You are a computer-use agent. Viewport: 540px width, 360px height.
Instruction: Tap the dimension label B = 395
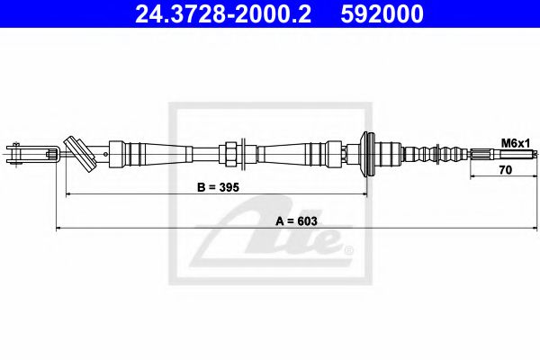[219, 187]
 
